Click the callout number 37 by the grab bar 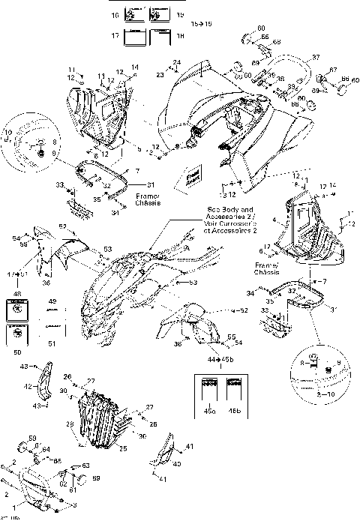(316, 58)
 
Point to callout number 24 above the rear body (177, 61)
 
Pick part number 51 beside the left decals (52, 344)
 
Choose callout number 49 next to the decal (52, 301)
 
